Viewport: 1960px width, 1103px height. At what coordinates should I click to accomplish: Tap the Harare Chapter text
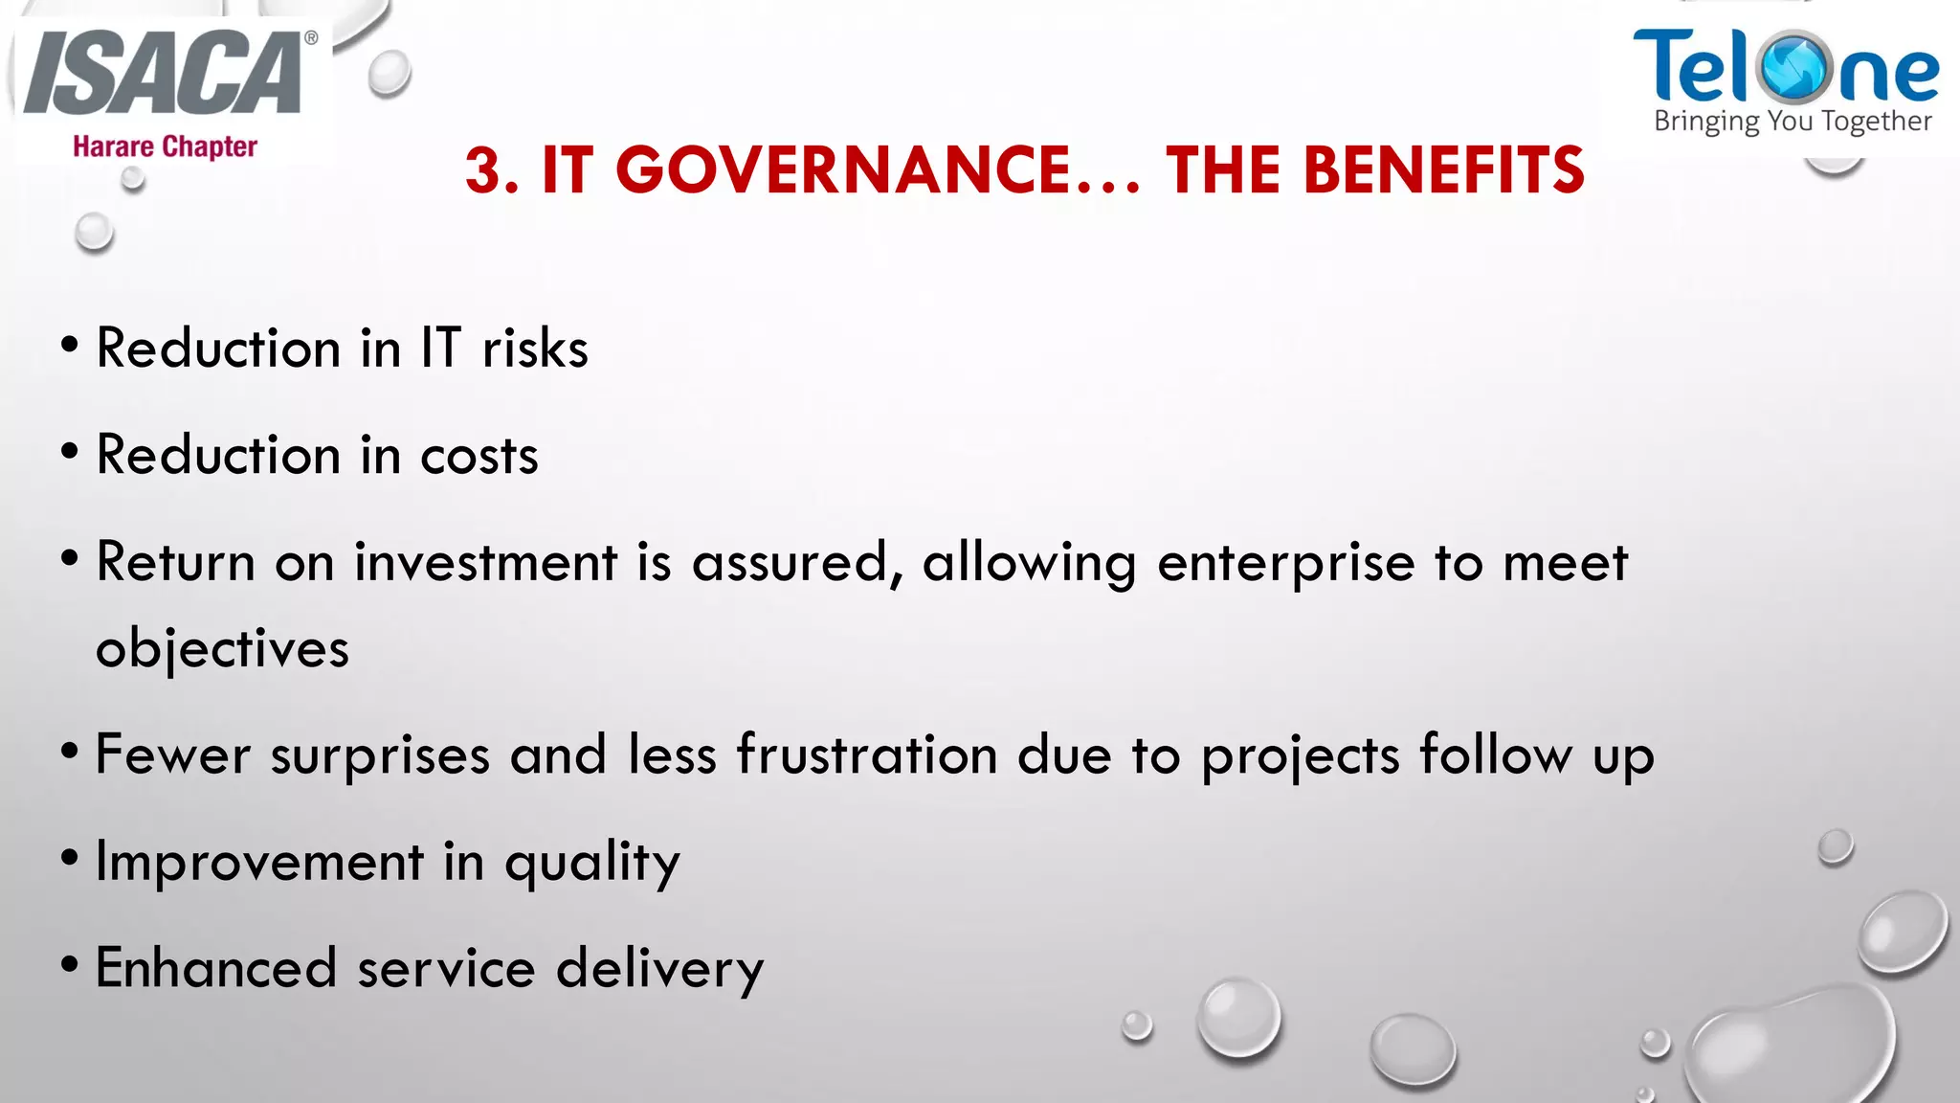coord(165,146)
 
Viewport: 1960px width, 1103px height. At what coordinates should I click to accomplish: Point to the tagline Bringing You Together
coord(1793,122)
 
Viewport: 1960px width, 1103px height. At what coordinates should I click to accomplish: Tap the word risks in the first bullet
coord(535,348)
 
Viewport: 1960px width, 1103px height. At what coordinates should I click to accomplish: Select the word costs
coord(479,455)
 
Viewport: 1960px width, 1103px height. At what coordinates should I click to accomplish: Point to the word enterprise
coord(1285,563)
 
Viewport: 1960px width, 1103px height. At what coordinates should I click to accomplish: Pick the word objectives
coord(223,650)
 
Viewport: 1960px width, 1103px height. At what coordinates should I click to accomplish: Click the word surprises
coord(380,755)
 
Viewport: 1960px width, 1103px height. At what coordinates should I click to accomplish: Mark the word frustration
coord(867,754)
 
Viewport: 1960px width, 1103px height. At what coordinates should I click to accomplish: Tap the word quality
coord(592,863)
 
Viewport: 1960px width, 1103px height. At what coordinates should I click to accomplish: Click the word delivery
coord(659,969)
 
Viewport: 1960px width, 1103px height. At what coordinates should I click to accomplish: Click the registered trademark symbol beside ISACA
coord(311,38)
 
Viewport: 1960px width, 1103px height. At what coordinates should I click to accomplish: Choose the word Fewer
coord(173,754)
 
